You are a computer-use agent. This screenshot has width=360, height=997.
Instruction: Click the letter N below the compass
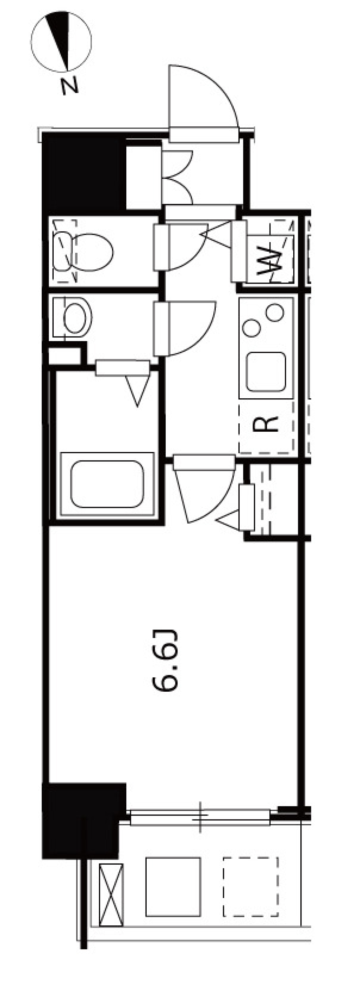point(70,86)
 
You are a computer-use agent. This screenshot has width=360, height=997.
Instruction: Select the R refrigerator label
point(265,424)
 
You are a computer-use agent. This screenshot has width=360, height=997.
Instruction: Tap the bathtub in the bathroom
point(107,484)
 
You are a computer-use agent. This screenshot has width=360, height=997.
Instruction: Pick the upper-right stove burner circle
point(275,313)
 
